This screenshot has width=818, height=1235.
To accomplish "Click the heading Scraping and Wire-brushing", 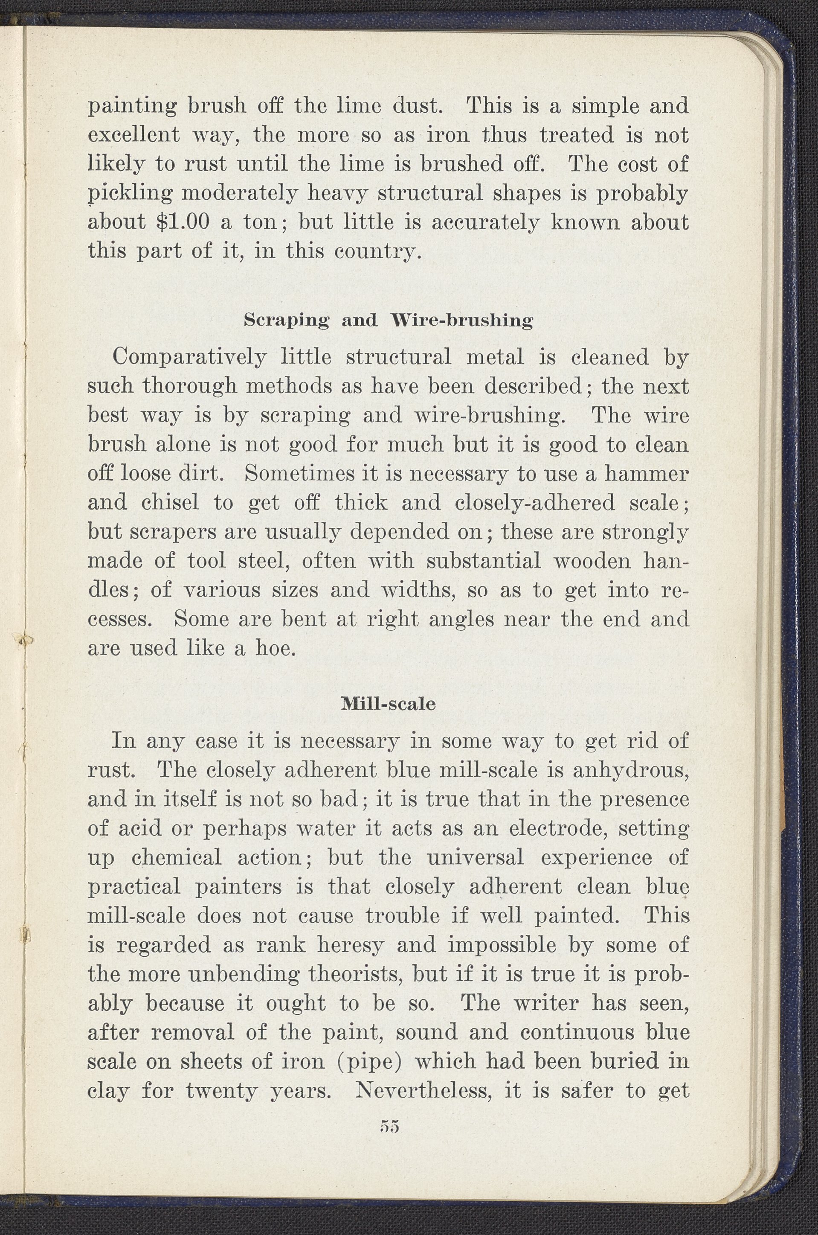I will pyautogui.click(x=388, y=320).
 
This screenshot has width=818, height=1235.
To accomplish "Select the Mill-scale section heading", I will pyautogui.click(x=388, y=704).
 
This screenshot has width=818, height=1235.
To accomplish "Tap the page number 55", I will pyautogui.click(x=390, y=1127).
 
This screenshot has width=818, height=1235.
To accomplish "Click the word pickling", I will pyautogui.click(x=129, y=194).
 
